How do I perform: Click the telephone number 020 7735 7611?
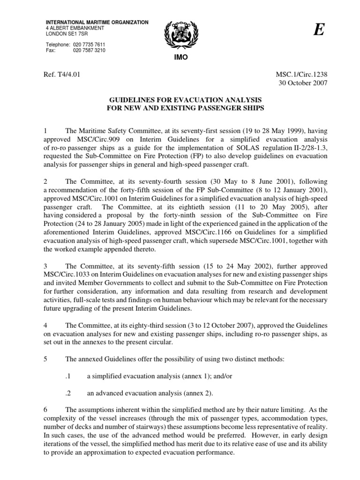click(x=90, y=44)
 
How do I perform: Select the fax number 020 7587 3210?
click(x=90, y=50)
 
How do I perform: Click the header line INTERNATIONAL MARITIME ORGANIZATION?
click(x=97, y=22)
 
